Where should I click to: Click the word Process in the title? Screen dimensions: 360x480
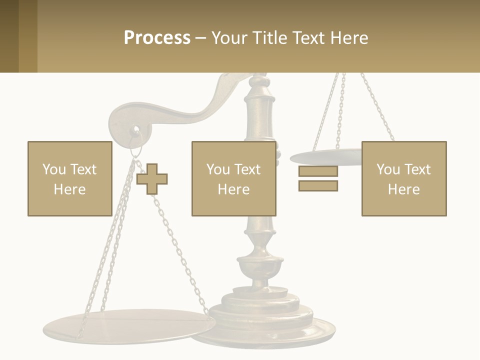point(157,38)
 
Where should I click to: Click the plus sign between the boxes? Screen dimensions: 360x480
point(152,178)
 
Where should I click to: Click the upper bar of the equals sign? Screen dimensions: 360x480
point(318,171)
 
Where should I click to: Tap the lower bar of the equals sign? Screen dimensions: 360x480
point(318,185)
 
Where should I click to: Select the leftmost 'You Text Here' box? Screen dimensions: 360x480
point(69,178)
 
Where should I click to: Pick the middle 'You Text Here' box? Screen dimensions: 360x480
point(233,178)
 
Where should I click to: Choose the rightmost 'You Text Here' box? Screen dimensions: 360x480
point(403,178)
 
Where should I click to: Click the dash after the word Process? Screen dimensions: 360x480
point(201,38)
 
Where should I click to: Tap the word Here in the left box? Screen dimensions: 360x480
point(69,189)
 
